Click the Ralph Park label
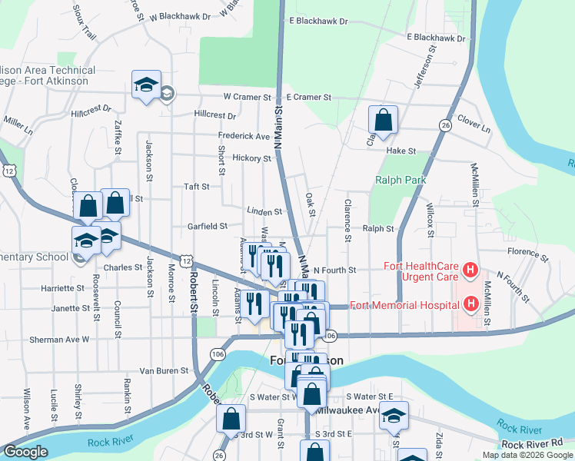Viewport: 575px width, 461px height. click(x=401, y=181)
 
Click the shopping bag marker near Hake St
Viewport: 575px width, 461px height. click(x=382, y=121)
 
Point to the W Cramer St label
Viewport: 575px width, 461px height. click(x=248, y=98)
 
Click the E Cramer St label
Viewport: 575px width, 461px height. click(x=308, y=98)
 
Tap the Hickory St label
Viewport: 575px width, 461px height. click(x=253, y=159)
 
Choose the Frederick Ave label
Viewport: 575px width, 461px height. click(x=244, y=137)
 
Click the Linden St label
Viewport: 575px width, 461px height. click(x=264, y=211)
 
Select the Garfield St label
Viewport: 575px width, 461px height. click(x=208, y=227)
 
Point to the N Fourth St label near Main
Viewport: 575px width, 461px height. click(x=334, y=270)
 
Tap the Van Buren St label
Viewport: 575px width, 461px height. click(x=164, y=370)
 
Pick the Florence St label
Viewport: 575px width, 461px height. click(x=526, y=251)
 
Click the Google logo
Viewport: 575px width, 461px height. click(x=25, y=452)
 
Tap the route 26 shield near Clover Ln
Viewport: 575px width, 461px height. click(x=445, y=124)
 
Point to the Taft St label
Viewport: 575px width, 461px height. click(x=198, y=187)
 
